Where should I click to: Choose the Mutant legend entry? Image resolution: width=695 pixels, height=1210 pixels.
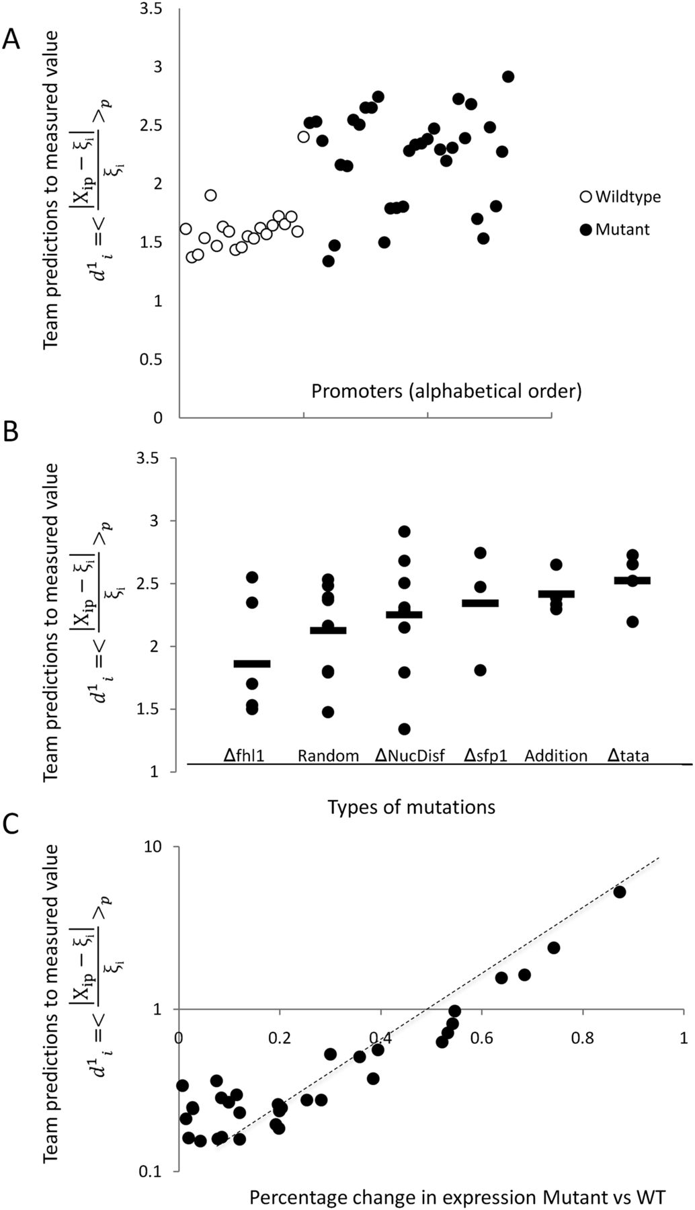click(x=616, y=230)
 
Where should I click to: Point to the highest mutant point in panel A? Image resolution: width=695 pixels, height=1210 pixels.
click(x=508, y=77)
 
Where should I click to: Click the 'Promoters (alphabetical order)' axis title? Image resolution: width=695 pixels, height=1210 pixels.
click(x=446, y=391)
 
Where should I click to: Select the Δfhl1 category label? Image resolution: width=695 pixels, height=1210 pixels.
click(x=245, y=756)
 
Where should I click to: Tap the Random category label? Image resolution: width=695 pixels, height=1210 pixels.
click(x=328, y=756)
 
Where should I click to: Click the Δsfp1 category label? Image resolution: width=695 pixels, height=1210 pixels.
click(x=485, y=756)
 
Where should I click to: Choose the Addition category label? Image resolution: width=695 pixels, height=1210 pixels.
click(x=556, y=756)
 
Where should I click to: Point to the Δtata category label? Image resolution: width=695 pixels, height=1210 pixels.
click(x=628, y=756)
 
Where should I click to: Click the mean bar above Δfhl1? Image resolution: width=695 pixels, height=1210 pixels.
click(x=252, y=664)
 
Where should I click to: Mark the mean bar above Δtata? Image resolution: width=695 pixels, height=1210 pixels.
click(x=632, y=580)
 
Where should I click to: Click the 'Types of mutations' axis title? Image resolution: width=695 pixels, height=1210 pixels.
click(x=411, y=807)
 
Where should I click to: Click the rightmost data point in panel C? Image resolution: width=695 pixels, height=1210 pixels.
click(x=619, y=892)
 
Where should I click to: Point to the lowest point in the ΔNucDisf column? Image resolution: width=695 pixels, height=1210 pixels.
click(x=403, y=729)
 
